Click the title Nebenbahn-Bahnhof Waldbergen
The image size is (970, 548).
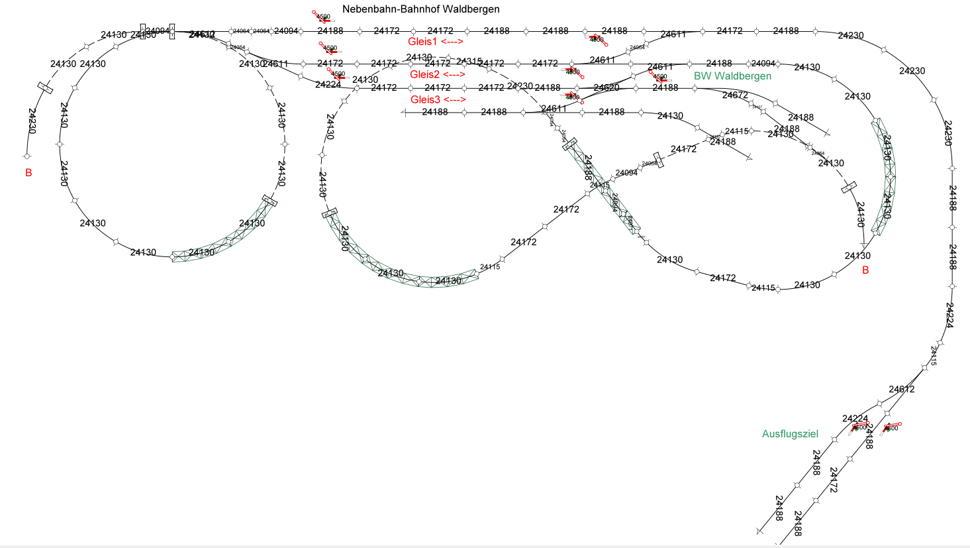pyautogui.click(x=420, y=9)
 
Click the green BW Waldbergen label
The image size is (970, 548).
pyautogui.click(x=732, y=76)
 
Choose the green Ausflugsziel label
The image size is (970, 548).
pyautogui.click(x=790, y=434)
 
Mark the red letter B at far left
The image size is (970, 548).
pyautogui.click(x=28, y=173)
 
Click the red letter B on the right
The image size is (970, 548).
pyautogui.click(x=865, y=270)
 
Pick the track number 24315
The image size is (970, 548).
pyautogui.click(x=469, y=62)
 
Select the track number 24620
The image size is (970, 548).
pyautogui.click(x=606, y=87)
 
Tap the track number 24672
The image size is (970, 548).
pyautogui.click(x=735, y=95)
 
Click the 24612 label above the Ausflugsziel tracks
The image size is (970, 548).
pyautogui.click(x=902, y=390)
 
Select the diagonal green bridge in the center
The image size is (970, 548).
pyautogui.click(x=603, y=189)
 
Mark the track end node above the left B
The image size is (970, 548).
pyautogui.click(x=27, y=157)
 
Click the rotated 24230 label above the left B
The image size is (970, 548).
pyautogui.click(x=32, y=121)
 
